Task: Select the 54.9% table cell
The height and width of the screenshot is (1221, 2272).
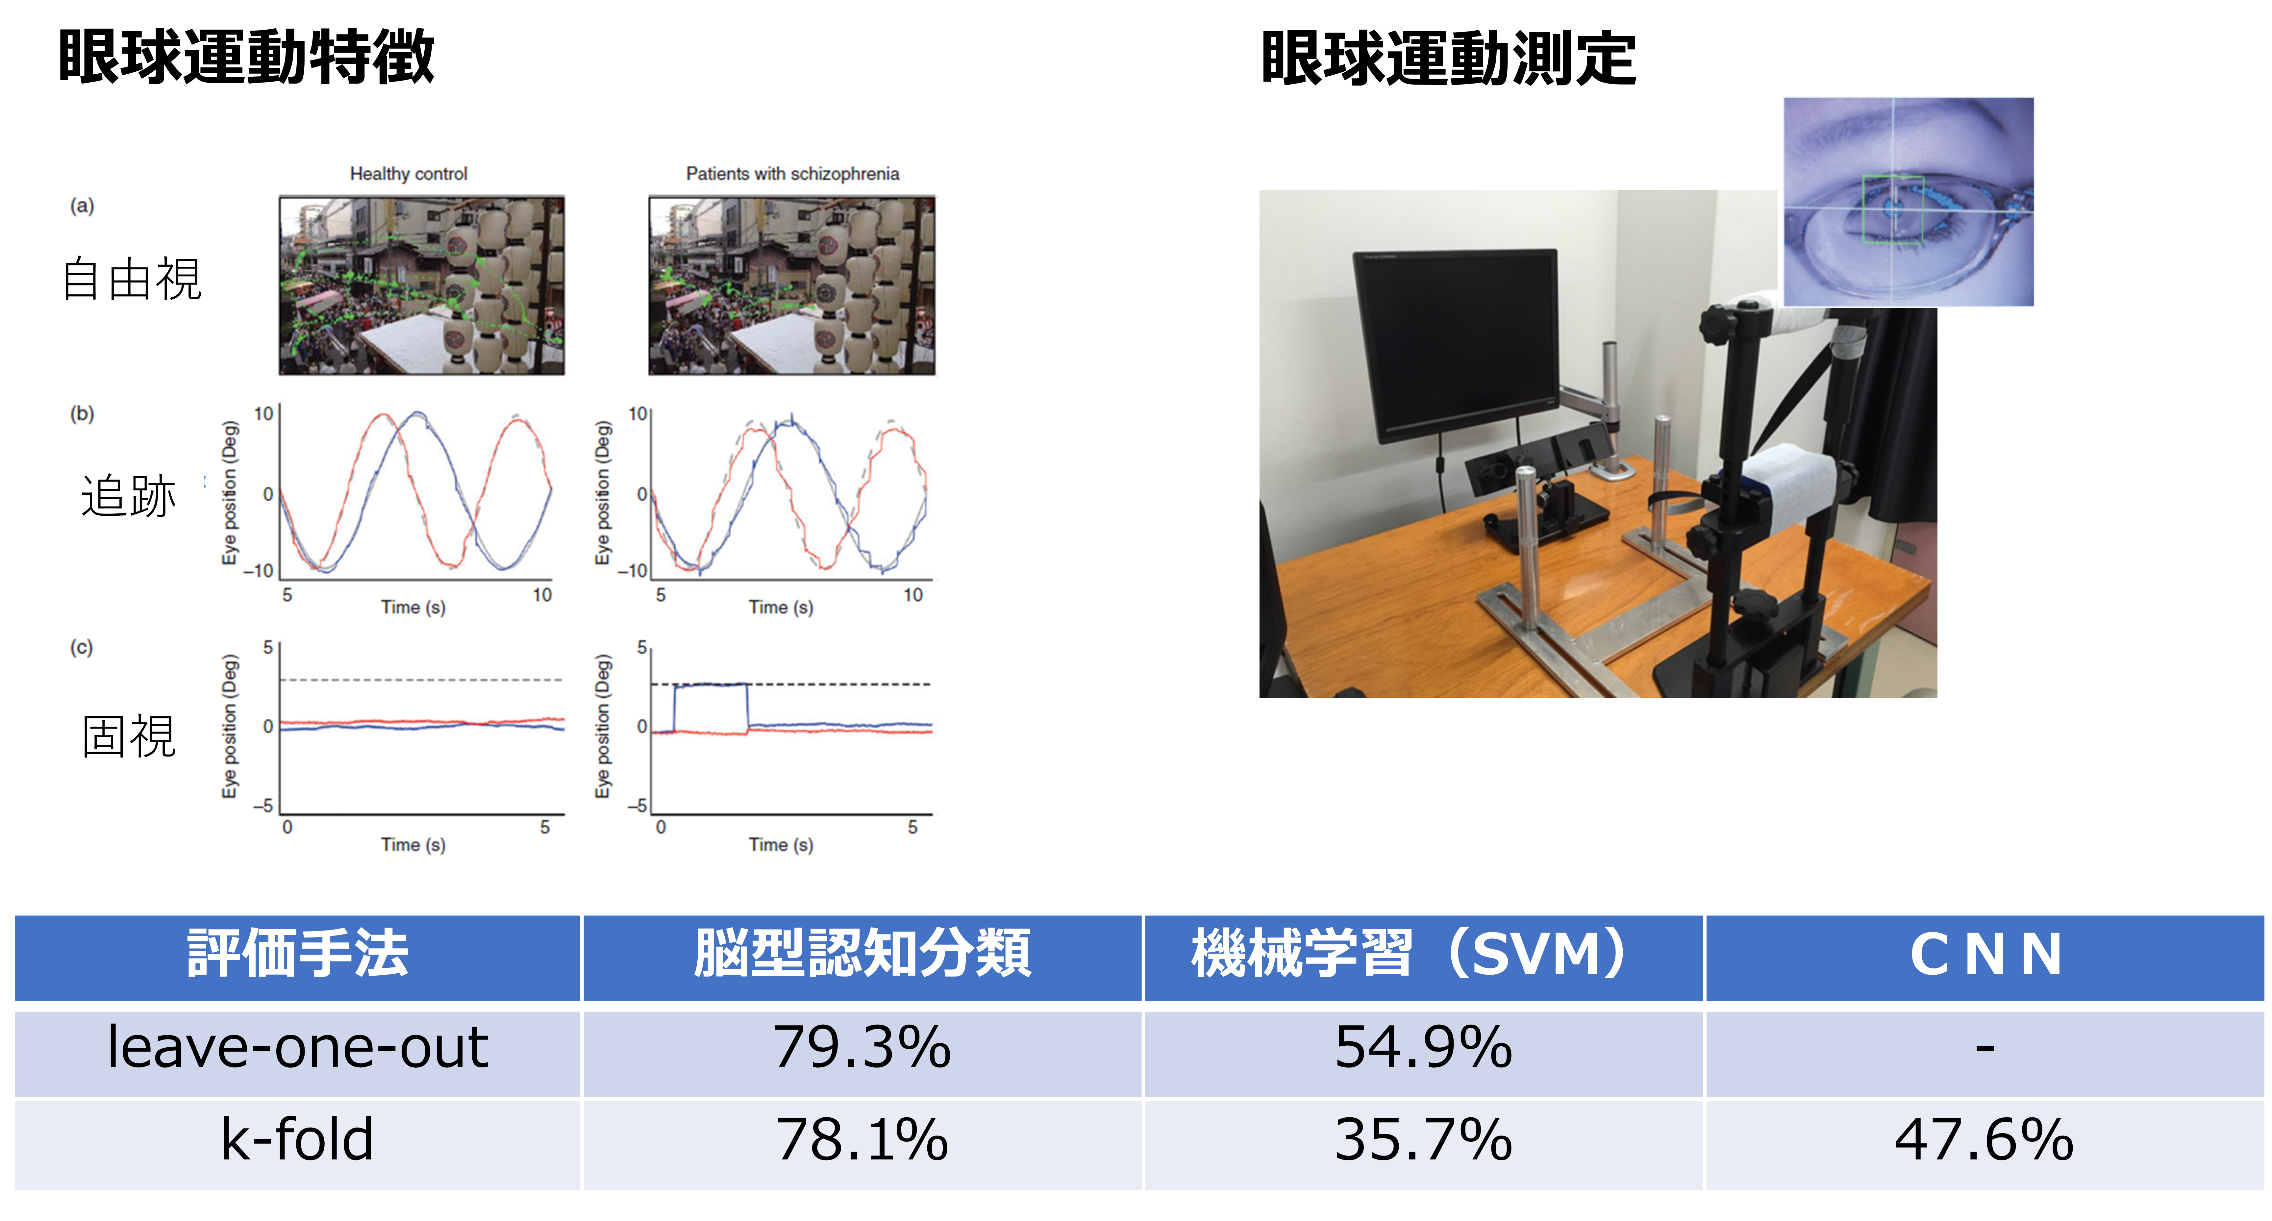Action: (x=1423, y=1048)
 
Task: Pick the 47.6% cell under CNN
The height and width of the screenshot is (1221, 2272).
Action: (x=1985, y=1140)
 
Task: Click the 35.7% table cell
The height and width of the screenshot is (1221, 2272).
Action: (x=1423, y=1140)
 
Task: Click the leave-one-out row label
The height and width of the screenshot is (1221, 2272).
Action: (x=297, y=1048)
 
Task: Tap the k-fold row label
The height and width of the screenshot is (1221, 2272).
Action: (x=297, y=1140)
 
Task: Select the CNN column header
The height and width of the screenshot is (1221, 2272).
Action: (x=1985, y=955)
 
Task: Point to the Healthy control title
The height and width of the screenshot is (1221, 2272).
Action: (x=408, y=174)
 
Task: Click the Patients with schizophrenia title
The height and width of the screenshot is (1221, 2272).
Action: (x=792, y=174)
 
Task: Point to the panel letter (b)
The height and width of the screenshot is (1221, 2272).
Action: (x=82, y=414)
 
